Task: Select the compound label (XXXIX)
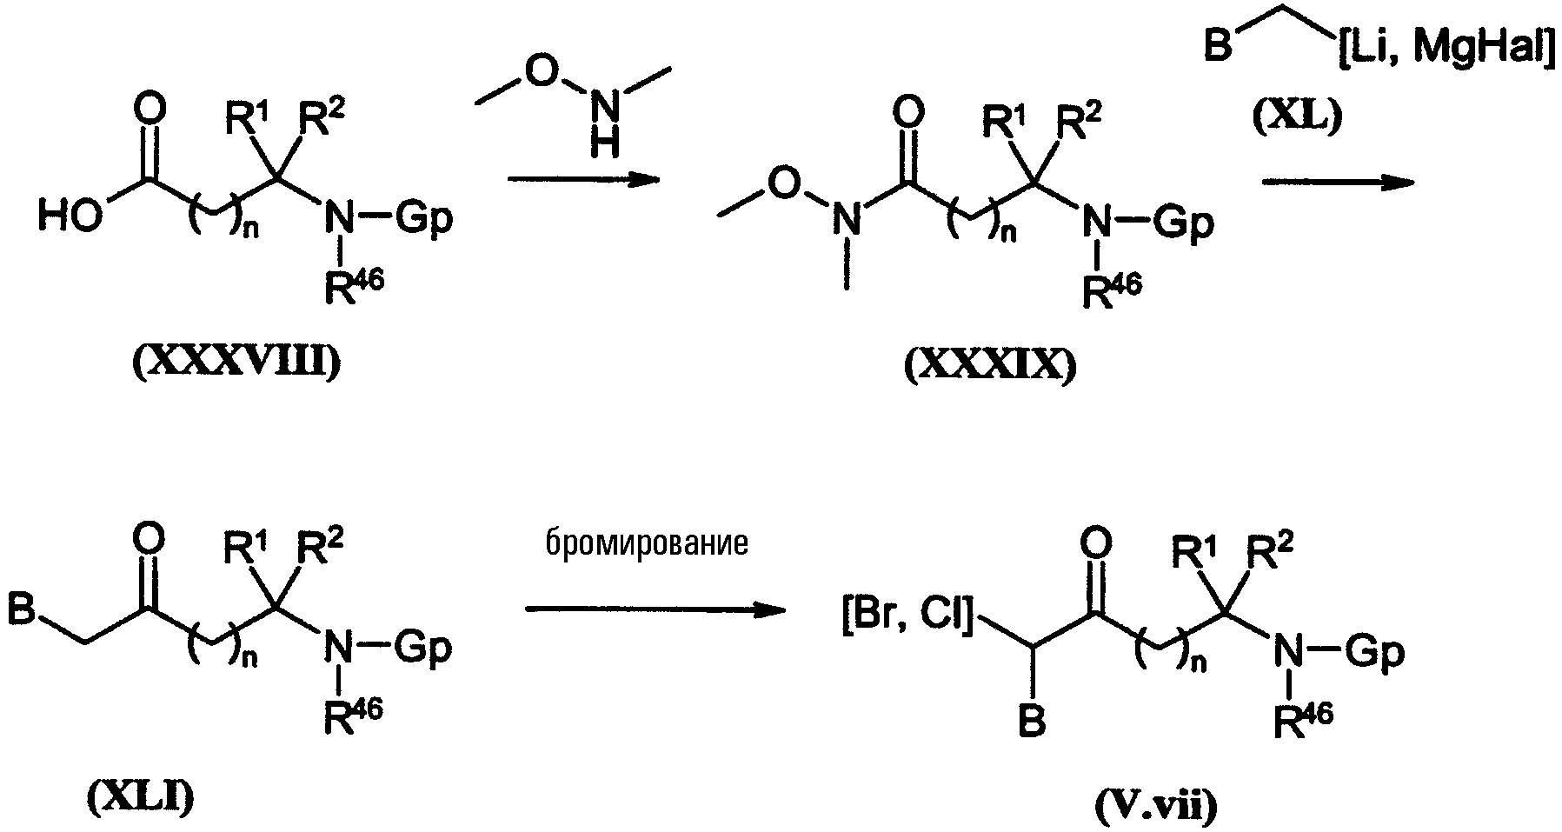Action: (x=990, y=368)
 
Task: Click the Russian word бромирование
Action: (x=648, y=543)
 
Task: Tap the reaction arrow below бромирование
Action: (x=656, y=609)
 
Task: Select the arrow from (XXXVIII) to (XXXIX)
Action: (x=581, y=180)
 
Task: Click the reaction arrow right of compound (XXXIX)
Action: (x=1337, y=182)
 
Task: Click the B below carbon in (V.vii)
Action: (x=1032, y=721)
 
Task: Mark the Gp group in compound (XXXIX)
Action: (x=1184, y=223)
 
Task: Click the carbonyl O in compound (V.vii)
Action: (x=1094, y=544)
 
